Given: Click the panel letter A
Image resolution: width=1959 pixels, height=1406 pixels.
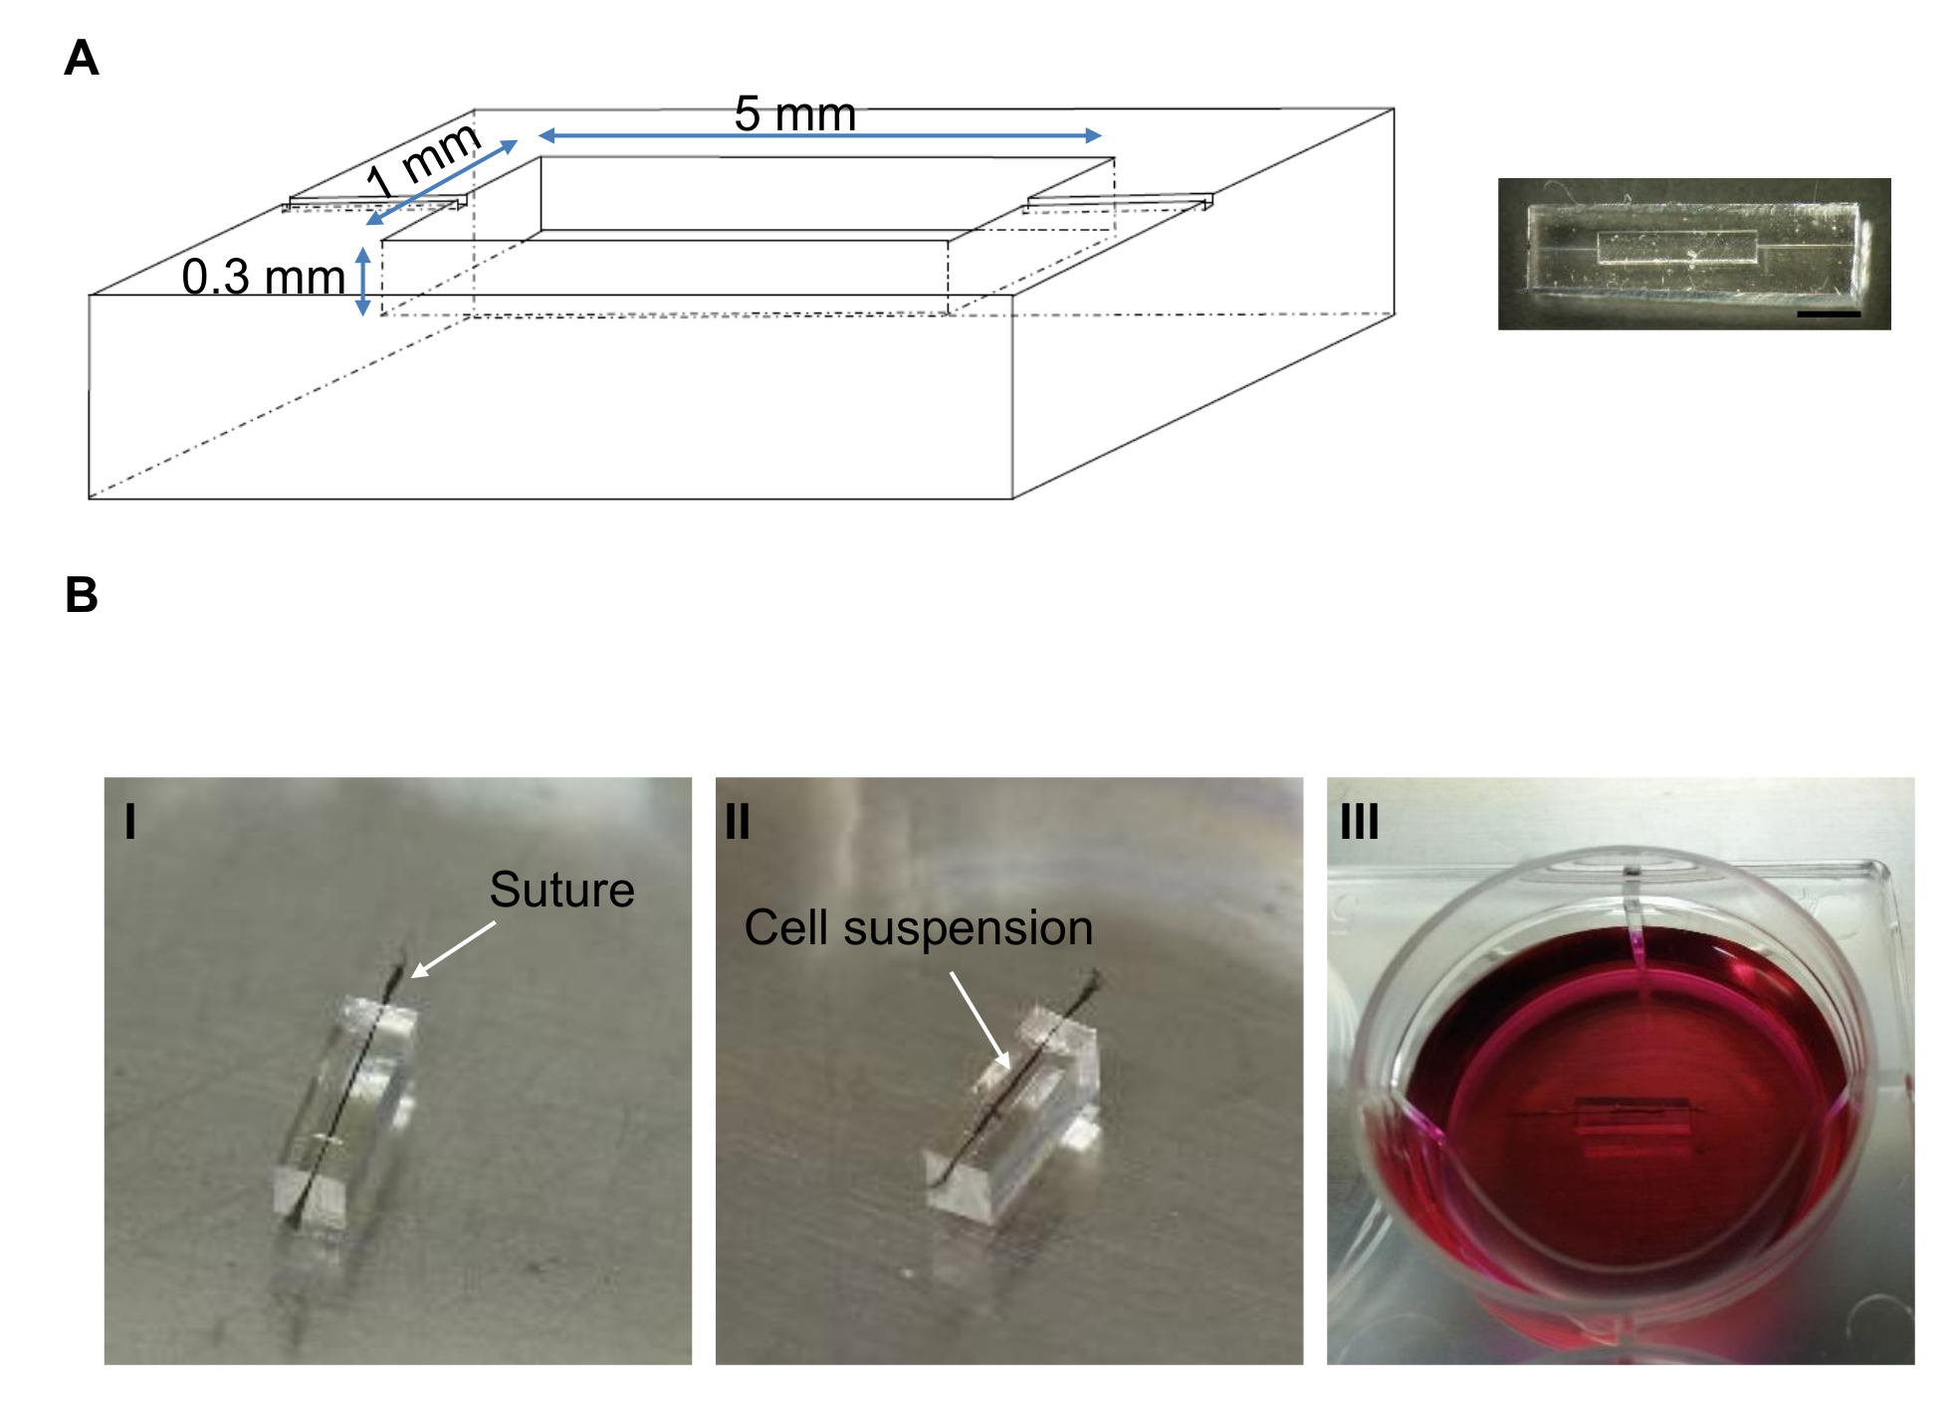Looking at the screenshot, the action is coord(82,58).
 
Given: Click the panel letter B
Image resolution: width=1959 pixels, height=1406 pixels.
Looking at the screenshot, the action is coord(82,595).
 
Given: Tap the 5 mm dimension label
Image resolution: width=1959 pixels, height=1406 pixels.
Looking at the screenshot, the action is coord(795,113).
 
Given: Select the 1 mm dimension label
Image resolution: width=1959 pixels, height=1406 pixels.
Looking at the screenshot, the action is coord(423,161).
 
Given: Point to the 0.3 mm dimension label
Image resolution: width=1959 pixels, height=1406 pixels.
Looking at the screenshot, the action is coord(264,277).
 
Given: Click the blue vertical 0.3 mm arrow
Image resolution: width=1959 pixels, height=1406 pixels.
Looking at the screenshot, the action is coord(363,282).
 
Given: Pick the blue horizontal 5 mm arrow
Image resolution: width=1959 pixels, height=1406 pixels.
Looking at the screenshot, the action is coord(820,135).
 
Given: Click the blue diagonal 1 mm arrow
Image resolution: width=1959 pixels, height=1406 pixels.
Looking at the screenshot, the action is coord(442,182).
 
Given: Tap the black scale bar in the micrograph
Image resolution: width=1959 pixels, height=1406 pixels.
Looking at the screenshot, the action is coord(1829,314).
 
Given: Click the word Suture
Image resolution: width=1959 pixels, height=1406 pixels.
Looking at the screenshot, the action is coord(562,890).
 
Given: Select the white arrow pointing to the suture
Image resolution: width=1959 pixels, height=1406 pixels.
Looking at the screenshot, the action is coord(453,949).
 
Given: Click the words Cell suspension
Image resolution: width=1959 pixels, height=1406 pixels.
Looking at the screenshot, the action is coord(919,927).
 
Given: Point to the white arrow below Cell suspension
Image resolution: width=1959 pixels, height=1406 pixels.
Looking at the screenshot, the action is coord(980,1020).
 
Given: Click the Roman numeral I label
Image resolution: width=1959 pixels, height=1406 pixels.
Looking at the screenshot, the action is coord(130,822).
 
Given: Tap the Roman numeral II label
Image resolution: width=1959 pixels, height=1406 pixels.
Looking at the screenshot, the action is coord(738,822).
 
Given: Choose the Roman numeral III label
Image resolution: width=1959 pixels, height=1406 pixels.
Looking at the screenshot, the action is coord(1360,822).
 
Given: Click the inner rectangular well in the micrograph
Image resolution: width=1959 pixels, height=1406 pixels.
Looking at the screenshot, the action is coord(1676,247).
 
